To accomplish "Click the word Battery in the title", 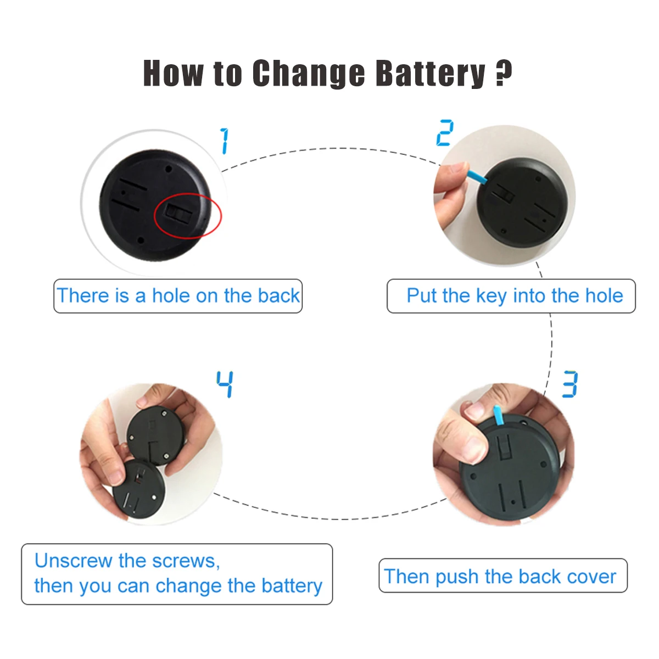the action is click(x=430, y=74).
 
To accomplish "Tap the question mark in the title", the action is click(x=504, y=72).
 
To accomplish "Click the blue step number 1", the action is click(x=225, y=141).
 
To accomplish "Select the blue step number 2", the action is click(x=445, y=133).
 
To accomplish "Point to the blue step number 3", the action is click(x=570, y=384).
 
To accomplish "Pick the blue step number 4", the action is click(x=225, y=384).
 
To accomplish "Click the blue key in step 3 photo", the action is click(x=498, y=416).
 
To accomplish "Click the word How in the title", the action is click(x=173, y=73).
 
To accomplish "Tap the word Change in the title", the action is click(x=309, y=74).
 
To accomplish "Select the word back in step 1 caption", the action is click(x=279, y=296).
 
